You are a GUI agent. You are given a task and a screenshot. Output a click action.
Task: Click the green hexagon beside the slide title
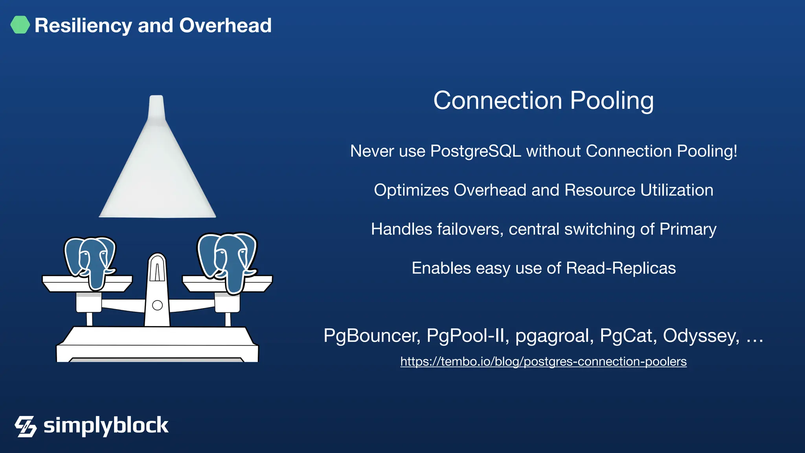click(20, 25)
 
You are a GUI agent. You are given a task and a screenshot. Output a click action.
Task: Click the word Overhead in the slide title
click(225, 26)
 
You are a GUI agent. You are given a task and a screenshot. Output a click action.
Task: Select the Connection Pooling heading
click(543, 101)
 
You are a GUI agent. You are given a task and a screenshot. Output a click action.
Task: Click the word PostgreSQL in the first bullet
click(476, 151)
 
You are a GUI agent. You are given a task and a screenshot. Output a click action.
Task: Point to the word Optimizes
click(411, 190)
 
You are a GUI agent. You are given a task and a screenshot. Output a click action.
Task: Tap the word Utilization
click(676, 190)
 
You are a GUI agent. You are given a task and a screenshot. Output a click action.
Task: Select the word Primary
click(688, 229)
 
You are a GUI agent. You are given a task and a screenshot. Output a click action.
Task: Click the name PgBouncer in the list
click(372, 336)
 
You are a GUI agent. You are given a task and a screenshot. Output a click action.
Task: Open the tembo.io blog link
click(543, 361)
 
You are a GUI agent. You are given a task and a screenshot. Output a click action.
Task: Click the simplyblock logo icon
click(26, 426)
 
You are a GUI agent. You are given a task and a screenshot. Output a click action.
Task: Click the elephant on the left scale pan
click(90, 261)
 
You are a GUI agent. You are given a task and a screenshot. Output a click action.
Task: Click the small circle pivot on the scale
click(157, 305)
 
